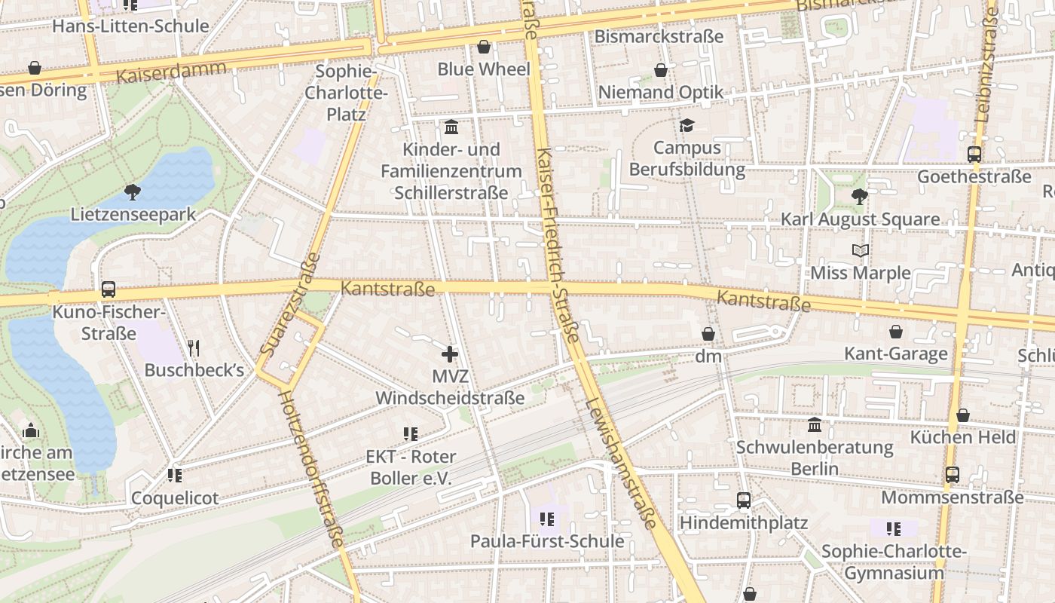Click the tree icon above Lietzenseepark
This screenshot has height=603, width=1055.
tap(133, 191)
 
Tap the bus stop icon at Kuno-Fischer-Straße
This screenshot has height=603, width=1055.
tap(109, 289)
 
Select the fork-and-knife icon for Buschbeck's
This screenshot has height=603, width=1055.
tap(194, 347)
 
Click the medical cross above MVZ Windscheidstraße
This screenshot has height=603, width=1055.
tap(450, 354)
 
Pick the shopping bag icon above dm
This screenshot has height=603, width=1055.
tap(708, 333)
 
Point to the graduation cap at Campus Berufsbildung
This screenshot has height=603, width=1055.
tap(687, 125)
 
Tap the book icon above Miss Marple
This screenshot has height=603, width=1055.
tap(861, 250)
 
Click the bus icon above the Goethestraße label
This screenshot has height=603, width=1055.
tap(974, 155)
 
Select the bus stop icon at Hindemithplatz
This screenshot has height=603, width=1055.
tap(744, 500)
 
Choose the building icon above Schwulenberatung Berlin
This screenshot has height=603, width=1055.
tap(815, 425)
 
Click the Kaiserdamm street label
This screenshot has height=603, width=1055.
tap(171, 72)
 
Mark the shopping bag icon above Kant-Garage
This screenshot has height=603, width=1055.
tap(896, 332)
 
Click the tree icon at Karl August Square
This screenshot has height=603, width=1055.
tap(859, 197)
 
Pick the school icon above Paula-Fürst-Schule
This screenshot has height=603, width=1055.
tap(547, 519)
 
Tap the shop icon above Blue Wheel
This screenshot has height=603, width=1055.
tap(484, 47)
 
